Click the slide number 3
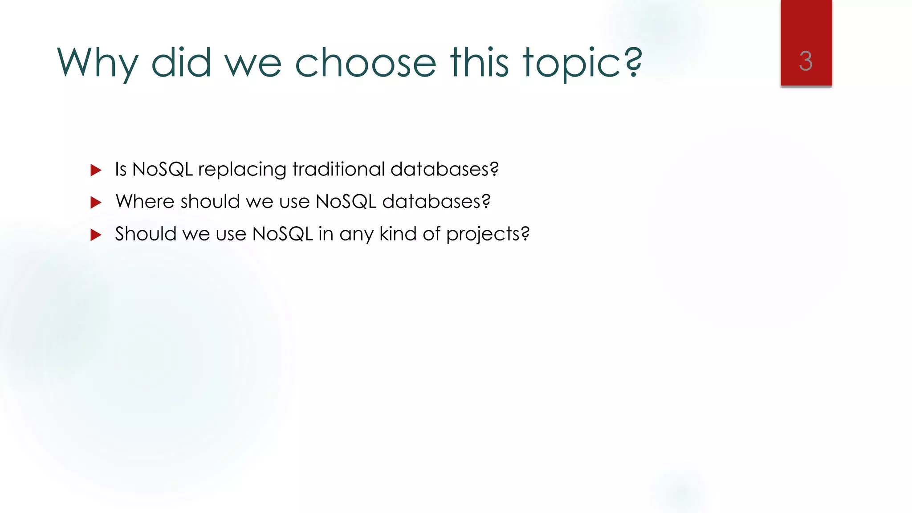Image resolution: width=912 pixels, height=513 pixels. pyautogui.click(x=806, y=61)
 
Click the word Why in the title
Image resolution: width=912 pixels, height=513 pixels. pyautogui.click(x=97, y=63)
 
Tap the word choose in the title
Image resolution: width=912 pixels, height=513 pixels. pyautogui.click(x=365, y=63)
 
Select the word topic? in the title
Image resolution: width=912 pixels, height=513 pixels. pyautogui.click(x=582, y=63)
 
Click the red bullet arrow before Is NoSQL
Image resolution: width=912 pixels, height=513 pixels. pyautogui.click(x=96, y=170)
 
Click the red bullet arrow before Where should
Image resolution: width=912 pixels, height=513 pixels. pyautogui.click(x=96, y=203)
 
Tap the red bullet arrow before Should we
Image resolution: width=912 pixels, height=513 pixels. pyautogui.click(x=96, y=235)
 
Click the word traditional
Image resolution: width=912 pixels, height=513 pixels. pyautogui.click(x=338, y=169)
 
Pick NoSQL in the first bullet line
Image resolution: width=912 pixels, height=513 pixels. pyautogui.click(x=163, y=169)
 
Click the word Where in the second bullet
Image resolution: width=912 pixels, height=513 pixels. pyautogui.click(x=145, y=201)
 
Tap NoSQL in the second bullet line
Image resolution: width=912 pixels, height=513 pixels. pyautogui.click(x=346, y=201)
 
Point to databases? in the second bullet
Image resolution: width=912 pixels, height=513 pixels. pyautogui.click(x=436, y=201)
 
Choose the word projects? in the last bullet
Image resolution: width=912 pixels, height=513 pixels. pyautogui.click(x=488, y=234)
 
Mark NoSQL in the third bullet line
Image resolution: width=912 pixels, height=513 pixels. pyautogui.click(x=282, y=234)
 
